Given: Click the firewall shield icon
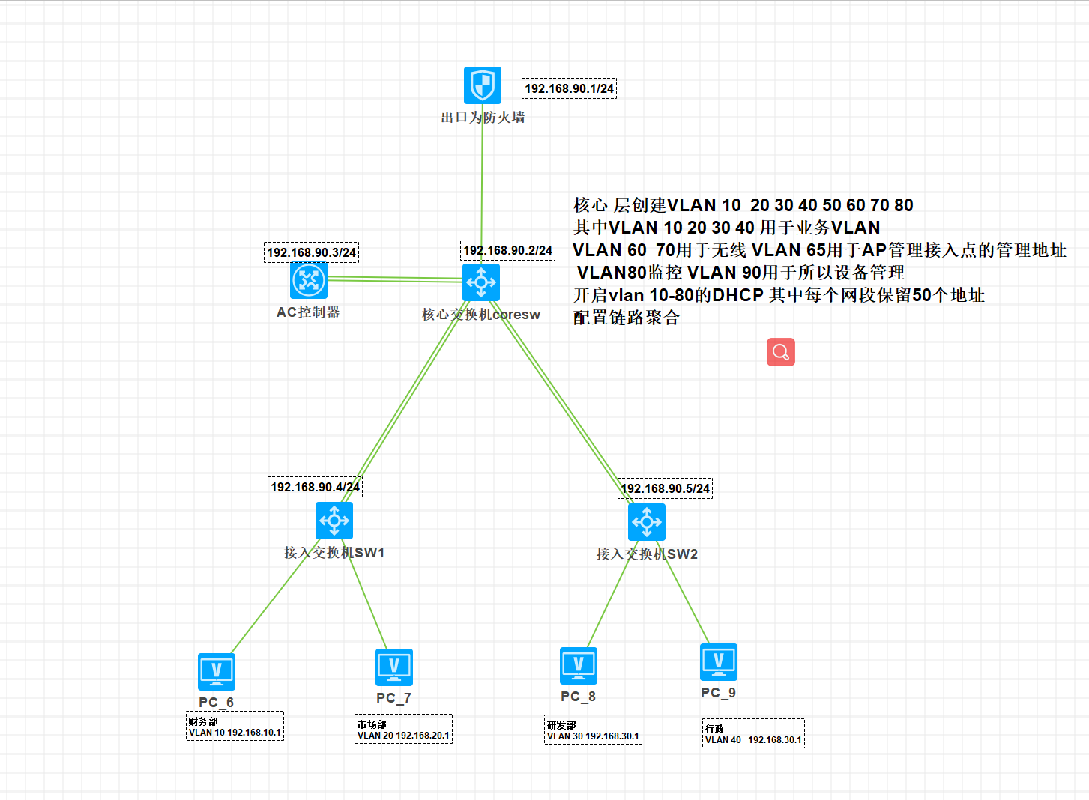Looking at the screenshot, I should [x=482, y=85].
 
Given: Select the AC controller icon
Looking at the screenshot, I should [x=309, y=280].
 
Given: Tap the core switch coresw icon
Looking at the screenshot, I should [x=481, y=282].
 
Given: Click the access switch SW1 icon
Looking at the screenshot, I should [x=334, y=521].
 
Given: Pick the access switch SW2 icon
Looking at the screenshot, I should [x=647, y=522].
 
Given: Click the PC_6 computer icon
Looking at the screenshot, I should [x=217, y=671].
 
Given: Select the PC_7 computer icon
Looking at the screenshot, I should [x=394, y=667].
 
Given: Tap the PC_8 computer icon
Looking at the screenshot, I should [x=579, y=665].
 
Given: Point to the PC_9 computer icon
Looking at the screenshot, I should [x=719, y=661].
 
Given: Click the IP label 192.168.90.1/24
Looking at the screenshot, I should [x=570, y=88].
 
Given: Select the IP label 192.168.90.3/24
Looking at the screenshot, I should [x=312, y=252].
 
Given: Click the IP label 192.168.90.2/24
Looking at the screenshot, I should [x=508, y=250].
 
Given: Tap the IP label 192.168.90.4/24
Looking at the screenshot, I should [x=315, y=487].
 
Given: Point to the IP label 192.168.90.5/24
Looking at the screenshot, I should [x=666, y=488].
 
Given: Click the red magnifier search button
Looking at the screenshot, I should [x=781, y=352].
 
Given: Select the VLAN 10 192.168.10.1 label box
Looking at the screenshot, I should [x=235, y=727].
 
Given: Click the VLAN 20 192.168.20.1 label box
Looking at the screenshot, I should [x=403, y=730].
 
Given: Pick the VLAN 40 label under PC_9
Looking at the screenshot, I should [x=753, y=734].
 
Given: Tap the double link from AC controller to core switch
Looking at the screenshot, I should [x=395, y=279].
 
